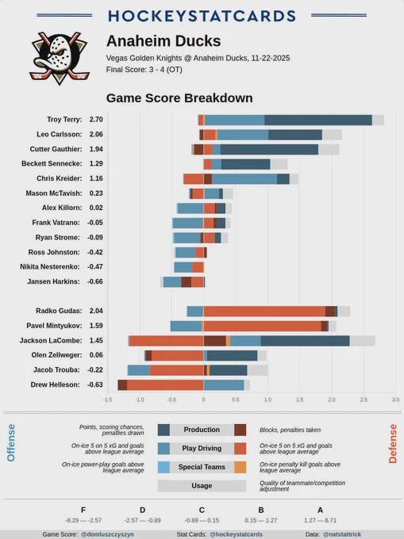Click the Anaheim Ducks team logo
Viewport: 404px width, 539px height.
click(60, 59)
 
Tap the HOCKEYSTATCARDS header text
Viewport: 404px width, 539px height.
click(202, 16)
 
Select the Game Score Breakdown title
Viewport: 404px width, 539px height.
click(179, 98)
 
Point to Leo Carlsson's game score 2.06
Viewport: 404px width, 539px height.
click(95, 135)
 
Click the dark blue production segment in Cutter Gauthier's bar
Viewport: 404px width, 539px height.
click(269, 149)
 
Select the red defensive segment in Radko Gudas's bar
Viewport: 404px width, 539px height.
click(264, 312)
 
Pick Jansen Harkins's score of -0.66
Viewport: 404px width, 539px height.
click(95, 281)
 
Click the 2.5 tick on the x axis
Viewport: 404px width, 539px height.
click(364, 400)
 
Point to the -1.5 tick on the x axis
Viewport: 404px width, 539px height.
click(108, 400)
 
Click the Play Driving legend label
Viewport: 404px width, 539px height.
click(202, 449)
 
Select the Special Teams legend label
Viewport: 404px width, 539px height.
click(202, 468)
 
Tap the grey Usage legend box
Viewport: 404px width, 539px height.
click(202, 486)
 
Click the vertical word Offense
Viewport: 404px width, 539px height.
click(11, 442)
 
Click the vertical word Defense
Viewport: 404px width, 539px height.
click(392, 442)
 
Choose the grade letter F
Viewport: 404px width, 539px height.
click(83, 510)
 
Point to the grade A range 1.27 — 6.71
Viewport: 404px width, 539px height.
click(321, 520)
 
